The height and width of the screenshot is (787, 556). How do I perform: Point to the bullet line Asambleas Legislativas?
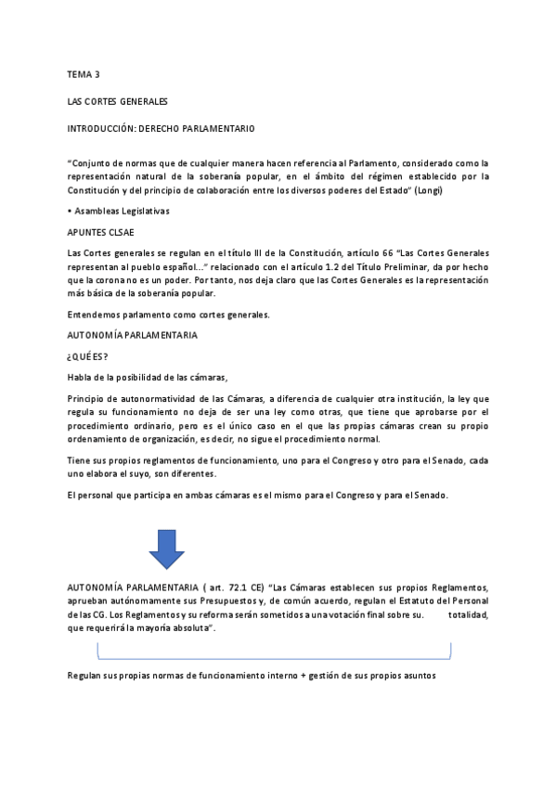coord(119,212)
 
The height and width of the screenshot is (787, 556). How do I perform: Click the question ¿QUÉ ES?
coord(87,355)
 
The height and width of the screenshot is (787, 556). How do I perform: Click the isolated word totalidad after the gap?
coord(468,615)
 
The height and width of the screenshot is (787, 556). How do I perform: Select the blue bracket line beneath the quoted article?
coord(274,654)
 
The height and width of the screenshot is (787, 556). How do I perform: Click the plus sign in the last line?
coord(303,676)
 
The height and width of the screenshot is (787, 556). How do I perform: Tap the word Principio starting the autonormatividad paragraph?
coord(89,397)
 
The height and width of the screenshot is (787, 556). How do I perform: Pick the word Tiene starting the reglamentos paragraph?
coord(80,461)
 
